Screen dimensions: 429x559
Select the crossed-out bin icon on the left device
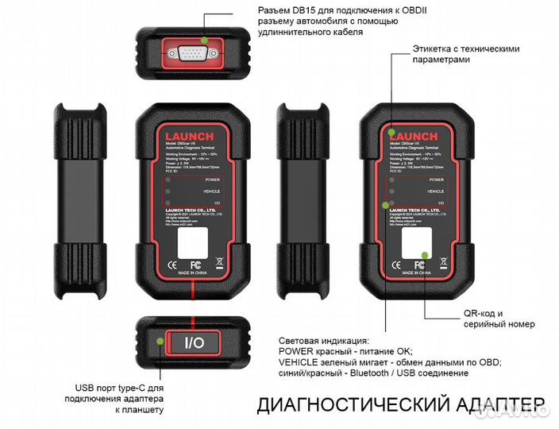pyautogui.click(x=216, y=265)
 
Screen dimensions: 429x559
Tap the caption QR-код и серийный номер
pyautogui.click(x=499, y=319)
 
